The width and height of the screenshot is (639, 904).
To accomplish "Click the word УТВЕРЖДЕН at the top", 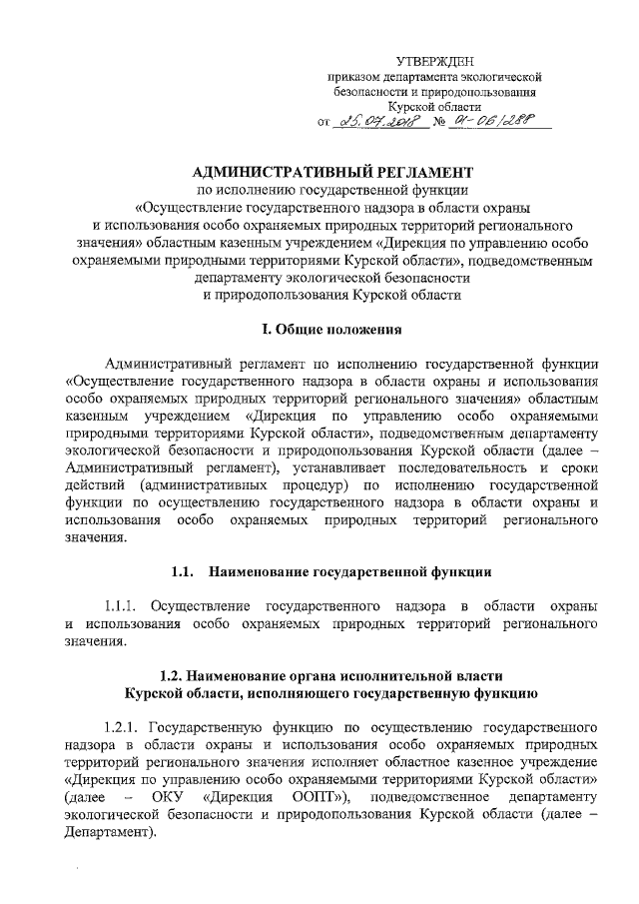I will (434, 62).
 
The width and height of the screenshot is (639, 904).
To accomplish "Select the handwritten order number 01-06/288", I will (490, 120).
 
